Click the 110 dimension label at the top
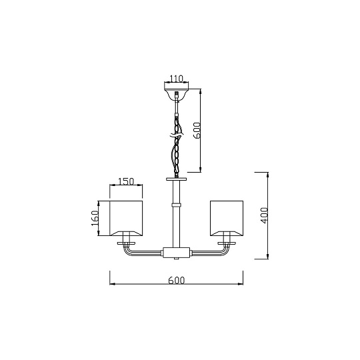click(176, 79)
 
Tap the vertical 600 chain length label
click(197, 131)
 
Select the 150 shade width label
click(126, 181)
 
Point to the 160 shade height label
click(95, 218)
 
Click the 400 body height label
click(265, 215)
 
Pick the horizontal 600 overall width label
click(176, 280)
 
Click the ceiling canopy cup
click(176, 92)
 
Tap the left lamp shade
click(126, 218)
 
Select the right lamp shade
click(227, 218)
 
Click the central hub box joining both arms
click(176, 252)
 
